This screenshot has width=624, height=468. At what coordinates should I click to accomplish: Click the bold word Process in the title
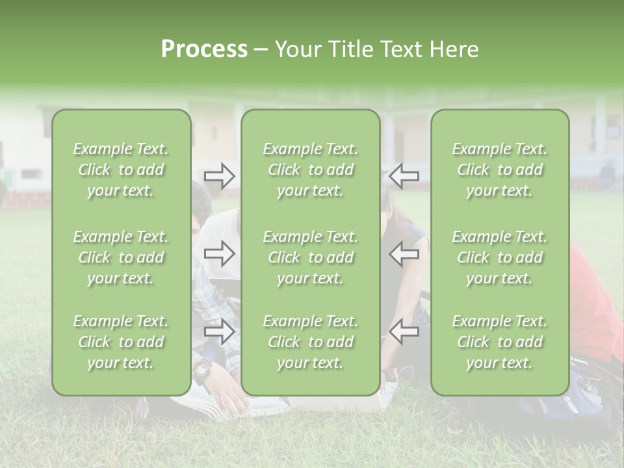pos(204,49)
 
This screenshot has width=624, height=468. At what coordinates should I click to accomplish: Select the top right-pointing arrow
pos(219,176)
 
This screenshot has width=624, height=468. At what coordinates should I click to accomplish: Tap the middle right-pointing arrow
pos(219,253)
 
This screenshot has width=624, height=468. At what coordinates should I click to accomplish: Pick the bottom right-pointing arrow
pos(219,331)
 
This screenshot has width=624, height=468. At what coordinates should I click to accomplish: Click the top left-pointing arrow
pos(404,176)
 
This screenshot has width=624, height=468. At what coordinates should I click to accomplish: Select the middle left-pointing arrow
pos(404,253)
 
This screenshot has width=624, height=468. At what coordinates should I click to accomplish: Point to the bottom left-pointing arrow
pos(404,331)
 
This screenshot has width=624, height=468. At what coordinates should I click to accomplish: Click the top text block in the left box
pos(121,170)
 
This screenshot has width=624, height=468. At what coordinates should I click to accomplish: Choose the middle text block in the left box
pos(121,257)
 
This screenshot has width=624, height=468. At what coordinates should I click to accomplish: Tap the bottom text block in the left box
pos(121,342)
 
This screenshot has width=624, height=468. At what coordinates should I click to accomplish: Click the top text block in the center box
pos(310,170)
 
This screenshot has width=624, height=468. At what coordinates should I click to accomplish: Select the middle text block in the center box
pos(310,257)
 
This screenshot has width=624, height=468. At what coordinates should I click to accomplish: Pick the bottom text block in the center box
pos(310,342)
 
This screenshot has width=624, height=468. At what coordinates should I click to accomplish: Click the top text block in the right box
pos(499,170)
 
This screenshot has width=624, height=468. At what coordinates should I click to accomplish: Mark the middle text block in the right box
pos(499,257)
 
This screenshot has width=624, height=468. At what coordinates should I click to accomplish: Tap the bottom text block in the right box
pos(499,342)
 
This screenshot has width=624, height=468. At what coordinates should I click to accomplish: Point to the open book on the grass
pos(214,406)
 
